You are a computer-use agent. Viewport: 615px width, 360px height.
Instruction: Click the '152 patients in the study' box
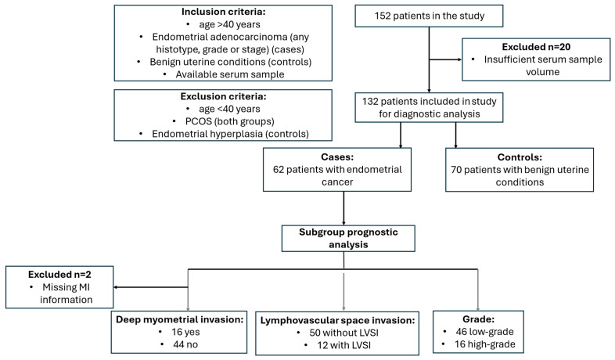click(x=429, y=16)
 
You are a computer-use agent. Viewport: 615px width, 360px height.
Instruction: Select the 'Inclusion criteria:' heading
click(x=223, y=12)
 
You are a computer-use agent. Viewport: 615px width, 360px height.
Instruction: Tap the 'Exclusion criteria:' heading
click(x=223, y=96)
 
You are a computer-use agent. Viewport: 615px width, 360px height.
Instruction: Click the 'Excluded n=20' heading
click(x=536, y=47)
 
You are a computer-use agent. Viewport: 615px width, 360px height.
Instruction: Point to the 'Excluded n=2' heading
click(x=59, y=275)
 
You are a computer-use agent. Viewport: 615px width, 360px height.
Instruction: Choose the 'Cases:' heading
click(x=337, y=157)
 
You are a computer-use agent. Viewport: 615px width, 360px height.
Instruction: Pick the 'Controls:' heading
click(x=520, y=157)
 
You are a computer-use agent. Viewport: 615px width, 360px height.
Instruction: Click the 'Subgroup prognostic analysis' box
click(x=348, y=239)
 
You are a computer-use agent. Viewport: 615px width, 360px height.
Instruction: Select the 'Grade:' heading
click(x=478, y=319)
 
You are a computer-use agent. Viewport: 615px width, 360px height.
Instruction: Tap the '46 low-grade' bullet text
click(x=484, y=332)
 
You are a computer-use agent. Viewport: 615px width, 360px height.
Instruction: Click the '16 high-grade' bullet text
click(x=485, y=344)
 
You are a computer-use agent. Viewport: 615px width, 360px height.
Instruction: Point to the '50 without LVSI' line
click(x=344, y=333)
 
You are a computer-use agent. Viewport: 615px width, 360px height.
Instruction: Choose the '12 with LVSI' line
click(x=344, y=345)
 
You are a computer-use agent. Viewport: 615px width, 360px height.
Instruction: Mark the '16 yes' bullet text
click(x=185, y=332)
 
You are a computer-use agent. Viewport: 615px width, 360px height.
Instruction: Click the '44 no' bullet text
click(x=185, y=344)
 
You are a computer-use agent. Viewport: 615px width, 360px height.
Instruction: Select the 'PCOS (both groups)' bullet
click(x=230, y=121)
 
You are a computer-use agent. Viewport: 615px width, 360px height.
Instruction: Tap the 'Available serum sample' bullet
click(x=230, y=74)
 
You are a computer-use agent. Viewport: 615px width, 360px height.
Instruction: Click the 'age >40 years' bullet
click(x=229, y=24)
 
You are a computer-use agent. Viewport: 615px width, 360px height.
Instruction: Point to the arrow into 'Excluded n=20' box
click(x=445, y=59)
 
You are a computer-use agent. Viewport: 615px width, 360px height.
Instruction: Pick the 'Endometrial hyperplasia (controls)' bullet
click(x=230, y=134)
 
